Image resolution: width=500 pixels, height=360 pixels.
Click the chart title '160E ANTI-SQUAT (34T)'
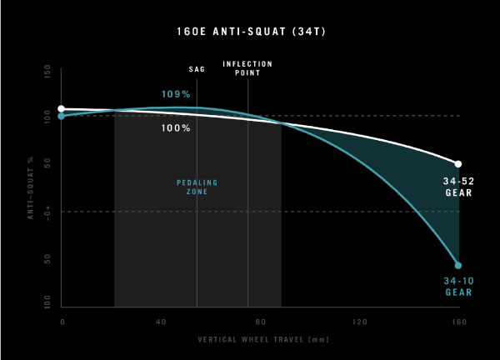coord(249,35)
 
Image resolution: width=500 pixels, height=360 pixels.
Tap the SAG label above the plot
coord(197,70)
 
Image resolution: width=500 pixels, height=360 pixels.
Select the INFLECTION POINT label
coord(247,68)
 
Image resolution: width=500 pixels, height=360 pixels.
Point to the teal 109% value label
coord(176,94)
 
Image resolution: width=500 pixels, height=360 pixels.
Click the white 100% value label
coord(176,128)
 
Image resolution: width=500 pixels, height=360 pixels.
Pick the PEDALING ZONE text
coord(192,187)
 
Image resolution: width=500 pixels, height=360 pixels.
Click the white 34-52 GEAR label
coord(458,187)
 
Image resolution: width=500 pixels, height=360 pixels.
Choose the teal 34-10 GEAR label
coord(458,287)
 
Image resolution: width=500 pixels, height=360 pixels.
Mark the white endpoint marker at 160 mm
coord(458,163)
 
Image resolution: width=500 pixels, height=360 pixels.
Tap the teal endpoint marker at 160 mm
coord(458,265)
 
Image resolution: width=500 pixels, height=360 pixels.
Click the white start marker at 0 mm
coord(62,109)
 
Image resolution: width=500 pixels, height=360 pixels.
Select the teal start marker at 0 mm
coord(62,117)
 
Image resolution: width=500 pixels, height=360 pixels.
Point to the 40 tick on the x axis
coord(161,321)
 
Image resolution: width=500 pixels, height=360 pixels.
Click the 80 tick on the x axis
coord(260,321)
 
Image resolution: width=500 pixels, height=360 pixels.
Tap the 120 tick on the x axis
coord(359,321)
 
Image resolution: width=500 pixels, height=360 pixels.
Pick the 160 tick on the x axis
coord(457,321)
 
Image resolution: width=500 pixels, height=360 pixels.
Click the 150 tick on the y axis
coord(48,74)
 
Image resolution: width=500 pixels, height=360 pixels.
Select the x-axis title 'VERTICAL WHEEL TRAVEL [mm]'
coord(259,340)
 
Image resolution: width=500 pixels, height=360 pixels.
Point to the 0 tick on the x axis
coord(62,321)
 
